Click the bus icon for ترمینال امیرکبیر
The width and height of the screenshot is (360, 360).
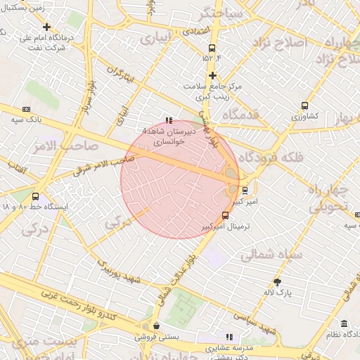coord(225,215)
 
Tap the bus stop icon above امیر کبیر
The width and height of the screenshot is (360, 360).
coord(245,190)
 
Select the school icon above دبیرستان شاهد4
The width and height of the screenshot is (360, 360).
coord(168,121)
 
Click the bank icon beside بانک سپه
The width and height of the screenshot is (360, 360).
coord(27,109)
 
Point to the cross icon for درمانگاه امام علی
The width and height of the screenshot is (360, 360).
coord(47,27)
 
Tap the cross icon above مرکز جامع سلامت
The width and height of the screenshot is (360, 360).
coord(212,75)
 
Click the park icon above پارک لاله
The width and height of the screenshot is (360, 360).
coord(277,281)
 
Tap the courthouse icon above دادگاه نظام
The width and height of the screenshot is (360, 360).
coord(344,323)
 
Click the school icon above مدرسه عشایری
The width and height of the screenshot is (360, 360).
coord(229,337)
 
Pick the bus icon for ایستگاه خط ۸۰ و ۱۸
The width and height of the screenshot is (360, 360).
coord(36,197)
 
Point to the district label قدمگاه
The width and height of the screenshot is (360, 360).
coord(240,114)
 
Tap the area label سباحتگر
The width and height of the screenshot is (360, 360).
coord(221,13)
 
